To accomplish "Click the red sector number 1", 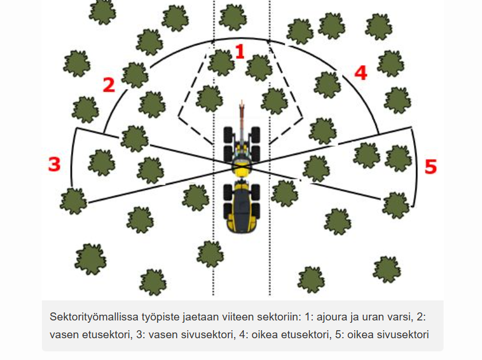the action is point(240,51).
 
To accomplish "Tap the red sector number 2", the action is point(109,85).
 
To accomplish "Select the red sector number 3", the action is point(55,164).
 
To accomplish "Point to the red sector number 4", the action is point(361,73).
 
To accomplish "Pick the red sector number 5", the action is point(430,167).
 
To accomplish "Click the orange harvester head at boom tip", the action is point(242,107).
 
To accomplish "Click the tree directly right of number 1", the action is point(259,68).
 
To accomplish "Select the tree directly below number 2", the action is point(152,105).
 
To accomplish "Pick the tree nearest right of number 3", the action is point(102,163).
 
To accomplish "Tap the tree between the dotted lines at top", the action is point(233,18).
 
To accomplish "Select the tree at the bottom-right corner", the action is point(387,269).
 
